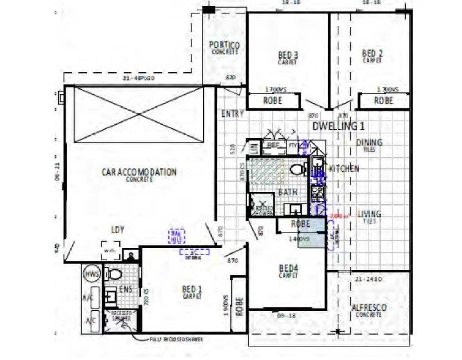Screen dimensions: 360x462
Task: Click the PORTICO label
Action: (224, 45)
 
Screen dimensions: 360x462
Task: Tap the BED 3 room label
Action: (288, 54)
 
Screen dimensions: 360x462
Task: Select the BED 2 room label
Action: (372, 53)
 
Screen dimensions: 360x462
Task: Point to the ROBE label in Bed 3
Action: (274, 101)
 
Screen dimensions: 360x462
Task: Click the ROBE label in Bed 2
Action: (383, 101)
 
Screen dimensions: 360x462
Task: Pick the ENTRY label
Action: (232, 114)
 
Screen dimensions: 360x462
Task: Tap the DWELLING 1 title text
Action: (339, 126)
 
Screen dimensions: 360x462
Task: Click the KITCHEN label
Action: (343, 169)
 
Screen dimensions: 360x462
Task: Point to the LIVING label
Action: (369, 214)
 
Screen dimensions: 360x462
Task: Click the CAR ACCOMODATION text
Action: (139, 173)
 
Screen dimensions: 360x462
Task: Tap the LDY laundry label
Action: (118, 229)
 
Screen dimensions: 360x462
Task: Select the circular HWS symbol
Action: (91, 275)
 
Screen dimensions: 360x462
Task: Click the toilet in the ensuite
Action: (115, 275)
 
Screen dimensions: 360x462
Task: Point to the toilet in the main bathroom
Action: (297, 170)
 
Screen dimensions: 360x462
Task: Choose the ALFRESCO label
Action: (369, 309)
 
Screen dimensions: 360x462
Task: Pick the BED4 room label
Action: (288, 268)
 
